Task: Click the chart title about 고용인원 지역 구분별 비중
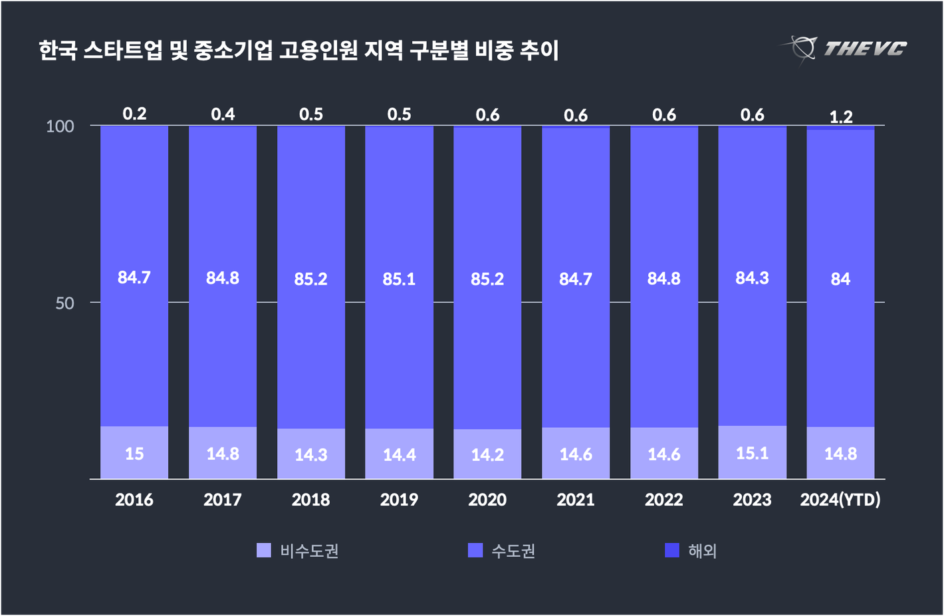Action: (x=298, y=51)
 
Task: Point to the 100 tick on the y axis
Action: (x=60, y=126)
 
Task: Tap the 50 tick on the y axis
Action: (x=64, y=303)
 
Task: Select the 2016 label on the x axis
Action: (x=134, y=500)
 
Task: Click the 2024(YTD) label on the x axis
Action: (x=840, y=500)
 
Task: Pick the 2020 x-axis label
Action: (x=487, y=500)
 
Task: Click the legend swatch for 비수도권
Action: (x=264, y=550)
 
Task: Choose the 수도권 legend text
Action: (x=513, y=551)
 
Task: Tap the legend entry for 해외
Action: (x=702, y=551)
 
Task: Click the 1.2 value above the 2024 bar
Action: (x=840, y=117)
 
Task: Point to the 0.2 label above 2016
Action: (x=134, y=114)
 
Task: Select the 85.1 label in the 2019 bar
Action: (x=399, y=279)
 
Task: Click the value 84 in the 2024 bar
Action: (x=840, y=279)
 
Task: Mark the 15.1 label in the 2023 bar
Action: (x=752, y=453)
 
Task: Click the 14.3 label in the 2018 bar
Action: (x=310, y=454)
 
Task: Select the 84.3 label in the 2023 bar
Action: (x=752, y=277)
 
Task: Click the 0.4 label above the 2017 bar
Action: (x=223, y=114)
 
